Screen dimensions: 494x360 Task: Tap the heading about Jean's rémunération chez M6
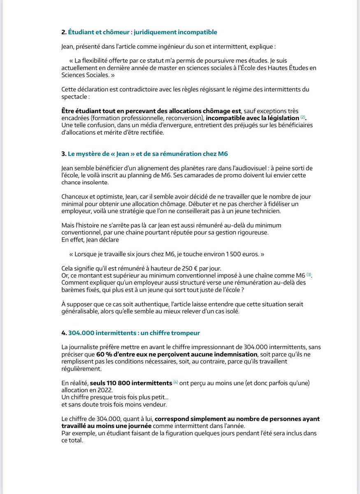[x=148, y=154]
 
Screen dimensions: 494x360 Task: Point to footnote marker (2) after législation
[x=303, y=118]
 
